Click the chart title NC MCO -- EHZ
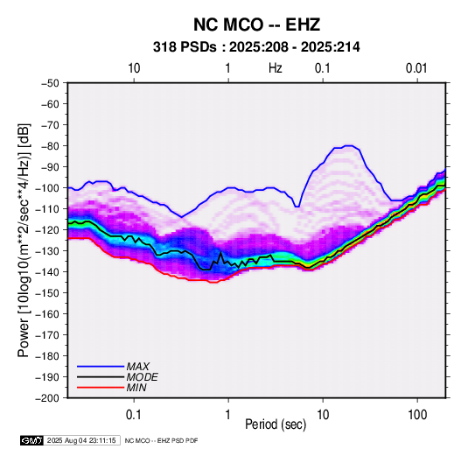pos(256,25)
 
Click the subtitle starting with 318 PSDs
pos(256,47)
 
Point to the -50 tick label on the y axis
pos(50,83)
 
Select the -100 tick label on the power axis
pos(47,188)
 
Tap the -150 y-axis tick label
pos(47,293)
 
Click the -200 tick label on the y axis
pos(47,398)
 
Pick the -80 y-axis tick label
pos(50,146)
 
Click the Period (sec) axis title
pos(276,424)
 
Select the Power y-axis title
pos(24,240)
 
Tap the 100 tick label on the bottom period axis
pos(417,415)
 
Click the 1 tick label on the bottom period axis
pos(228,415)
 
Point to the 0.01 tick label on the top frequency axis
pos(416,68)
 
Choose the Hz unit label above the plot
pos(276,68)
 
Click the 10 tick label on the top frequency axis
pos(134,68)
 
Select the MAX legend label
pos(138,366)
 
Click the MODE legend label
pos(142,377)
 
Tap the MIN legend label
pos(136,388)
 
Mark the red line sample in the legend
pos(101,388)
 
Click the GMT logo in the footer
pos(32,440)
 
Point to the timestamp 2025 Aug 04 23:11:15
pos(81,440)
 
